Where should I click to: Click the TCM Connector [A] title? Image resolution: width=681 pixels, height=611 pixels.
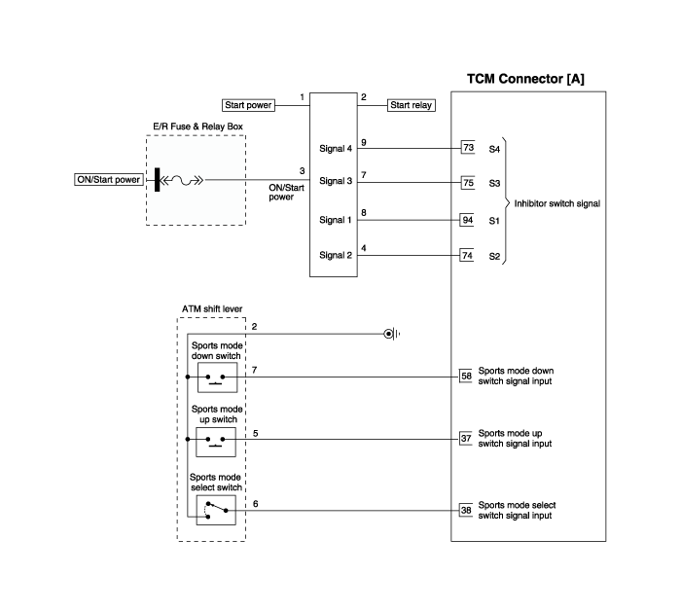point(525,79)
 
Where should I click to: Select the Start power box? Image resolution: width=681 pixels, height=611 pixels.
point(248,105)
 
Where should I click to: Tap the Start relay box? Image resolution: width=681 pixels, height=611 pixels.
point(411,105)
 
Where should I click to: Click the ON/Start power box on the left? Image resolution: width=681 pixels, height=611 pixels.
point(109,179)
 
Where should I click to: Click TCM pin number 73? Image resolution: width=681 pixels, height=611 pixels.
point(468,148)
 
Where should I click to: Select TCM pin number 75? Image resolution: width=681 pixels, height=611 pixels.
point(468,182)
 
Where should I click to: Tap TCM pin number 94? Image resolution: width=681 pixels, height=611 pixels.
point(467,220)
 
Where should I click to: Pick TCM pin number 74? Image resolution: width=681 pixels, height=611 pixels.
point(467,255)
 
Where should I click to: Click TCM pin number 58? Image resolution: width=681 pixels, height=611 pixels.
point(466,377)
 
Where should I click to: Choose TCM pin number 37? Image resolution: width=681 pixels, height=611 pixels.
point(466,439)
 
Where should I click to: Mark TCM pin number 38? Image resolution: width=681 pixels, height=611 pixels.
point(466,510)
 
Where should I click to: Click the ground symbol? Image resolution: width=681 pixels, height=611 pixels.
point(392,334)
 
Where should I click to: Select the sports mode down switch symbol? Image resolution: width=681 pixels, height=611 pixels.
point(217,377)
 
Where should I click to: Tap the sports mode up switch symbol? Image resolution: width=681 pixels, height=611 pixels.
point(216,442)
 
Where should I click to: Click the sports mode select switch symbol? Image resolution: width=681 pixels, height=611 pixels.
point(216,510)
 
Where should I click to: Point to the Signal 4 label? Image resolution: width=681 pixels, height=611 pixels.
point(336,149)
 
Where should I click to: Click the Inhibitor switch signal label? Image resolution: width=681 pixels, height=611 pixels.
point(557,203)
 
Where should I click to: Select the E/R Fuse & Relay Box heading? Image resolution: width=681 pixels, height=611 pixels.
point(197,126)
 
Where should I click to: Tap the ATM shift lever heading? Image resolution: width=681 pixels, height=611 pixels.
point(212,308)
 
